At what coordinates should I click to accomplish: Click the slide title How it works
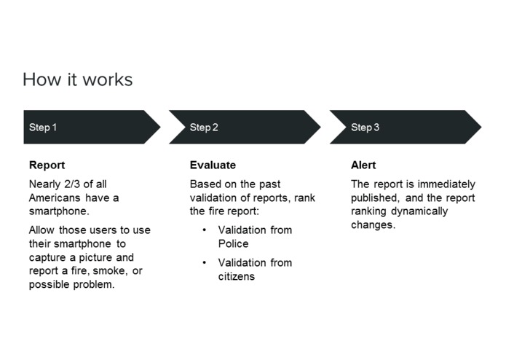coord(77,79)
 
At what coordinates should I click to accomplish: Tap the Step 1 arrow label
coord(43,128)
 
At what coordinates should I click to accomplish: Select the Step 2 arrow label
coord(204,128)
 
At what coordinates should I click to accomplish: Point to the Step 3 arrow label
coord(365,128)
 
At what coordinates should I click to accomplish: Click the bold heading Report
coord(47,165)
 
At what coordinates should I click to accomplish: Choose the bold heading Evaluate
coord(213,165)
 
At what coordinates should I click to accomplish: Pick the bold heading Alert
coord(363,165)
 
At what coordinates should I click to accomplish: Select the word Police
coord(233,243)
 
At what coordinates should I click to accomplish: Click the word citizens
coord(237,276)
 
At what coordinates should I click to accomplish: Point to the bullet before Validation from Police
coord(205,230)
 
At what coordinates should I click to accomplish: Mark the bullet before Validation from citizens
coord(205,262)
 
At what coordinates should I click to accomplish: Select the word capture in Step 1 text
coord(48,257)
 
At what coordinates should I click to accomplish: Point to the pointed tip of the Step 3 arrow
coord(480,128)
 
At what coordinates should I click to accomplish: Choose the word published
coord(374,198)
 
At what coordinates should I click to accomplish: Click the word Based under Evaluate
coord(205,184)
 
